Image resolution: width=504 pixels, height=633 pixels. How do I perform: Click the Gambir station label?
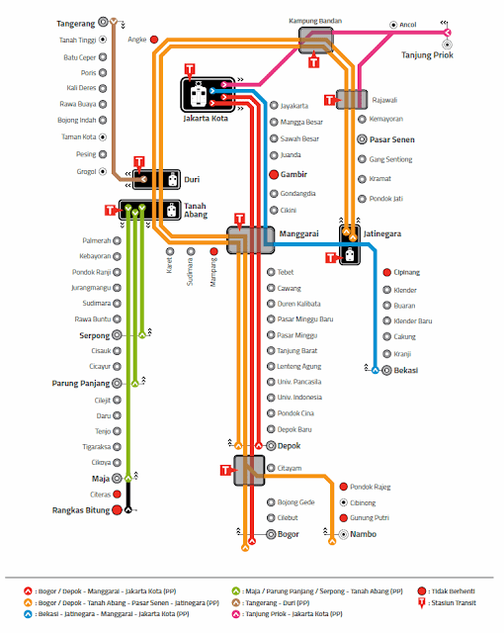pyautogui.click(x=297, y=174)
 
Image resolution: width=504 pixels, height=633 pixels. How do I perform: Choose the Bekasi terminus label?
pyautogui.click(x=405, y=370)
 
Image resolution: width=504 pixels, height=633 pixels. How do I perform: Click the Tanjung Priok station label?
pyautogui.click(x=426, y=54)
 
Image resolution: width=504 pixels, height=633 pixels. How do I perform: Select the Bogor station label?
pyautogui.click(x=290, y=534)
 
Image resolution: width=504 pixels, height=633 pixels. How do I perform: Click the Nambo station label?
pyautogui.click(x=364, y=534)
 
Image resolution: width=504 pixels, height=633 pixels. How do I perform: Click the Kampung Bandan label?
pyautogui.click(x=313, y=20)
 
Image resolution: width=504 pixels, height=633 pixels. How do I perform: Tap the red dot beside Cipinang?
pyautogui.click(x=386, y=272)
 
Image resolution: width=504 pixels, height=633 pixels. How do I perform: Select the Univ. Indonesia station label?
pyautogui.click(x=302, y=398)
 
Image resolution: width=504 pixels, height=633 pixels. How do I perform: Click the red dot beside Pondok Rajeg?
pyautogui.click(x=343, y=487)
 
